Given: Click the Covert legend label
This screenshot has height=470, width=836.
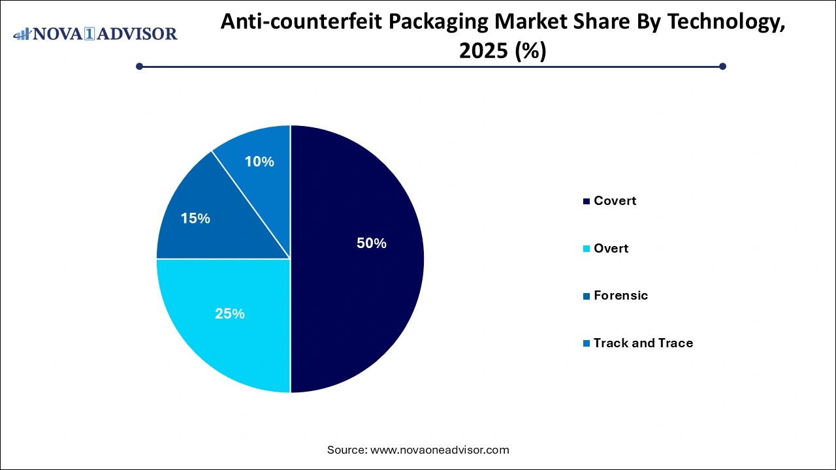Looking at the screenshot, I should pyautogui.click(x=615, y=201).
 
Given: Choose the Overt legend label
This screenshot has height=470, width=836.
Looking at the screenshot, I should pyautogui.click(x=611, y=249).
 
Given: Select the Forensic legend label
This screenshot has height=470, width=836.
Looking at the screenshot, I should pyautogui.click(x=620, y=296).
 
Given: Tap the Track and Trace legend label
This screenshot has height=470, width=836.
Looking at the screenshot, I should pyautogui.click(x=643, y=343).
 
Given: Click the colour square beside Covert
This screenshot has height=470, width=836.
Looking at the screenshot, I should pyautogui.click(x=587, y=201).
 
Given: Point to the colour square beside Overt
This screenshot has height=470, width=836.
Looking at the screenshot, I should pyautogui.click(x=587, y=249).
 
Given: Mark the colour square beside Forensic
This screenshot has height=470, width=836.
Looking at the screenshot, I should pyautogui.click(x=587, y=296).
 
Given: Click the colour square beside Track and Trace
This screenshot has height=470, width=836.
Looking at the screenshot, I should pyautogui.click(x=587, y=343).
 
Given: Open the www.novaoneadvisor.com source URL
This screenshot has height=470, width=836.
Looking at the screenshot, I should pyautogui.click(x=440, y=450).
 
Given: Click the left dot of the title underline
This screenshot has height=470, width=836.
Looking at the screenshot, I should pyautogui.click(x=139, y=66).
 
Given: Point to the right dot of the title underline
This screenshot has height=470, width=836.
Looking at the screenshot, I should pyautogui.click(x=722, y=66).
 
